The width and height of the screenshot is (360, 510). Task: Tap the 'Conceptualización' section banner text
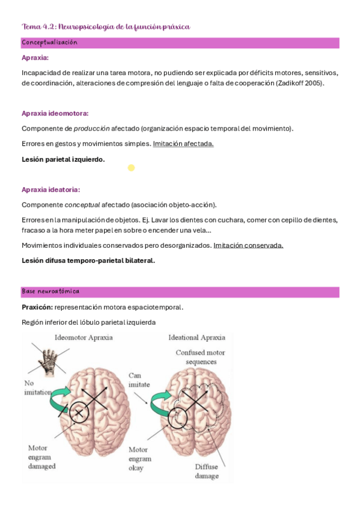49,43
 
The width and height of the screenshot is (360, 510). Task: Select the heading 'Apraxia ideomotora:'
55,113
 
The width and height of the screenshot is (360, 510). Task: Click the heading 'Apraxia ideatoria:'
50,189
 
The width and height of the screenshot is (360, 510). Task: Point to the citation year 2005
313,84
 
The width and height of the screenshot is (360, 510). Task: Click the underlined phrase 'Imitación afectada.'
183,144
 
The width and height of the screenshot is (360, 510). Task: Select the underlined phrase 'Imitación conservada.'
248,245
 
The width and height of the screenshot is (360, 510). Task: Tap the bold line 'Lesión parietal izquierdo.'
63,159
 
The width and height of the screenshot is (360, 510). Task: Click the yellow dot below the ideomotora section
131,168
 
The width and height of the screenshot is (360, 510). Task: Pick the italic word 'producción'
91,129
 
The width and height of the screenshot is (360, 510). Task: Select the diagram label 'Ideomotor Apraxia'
84,337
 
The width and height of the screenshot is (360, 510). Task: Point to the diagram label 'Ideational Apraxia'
197,337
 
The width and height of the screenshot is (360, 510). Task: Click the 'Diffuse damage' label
206,471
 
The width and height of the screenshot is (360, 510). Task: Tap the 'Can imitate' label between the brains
139,379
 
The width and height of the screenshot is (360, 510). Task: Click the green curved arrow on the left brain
64,394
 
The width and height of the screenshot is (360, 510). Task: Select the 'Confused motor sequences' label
200,358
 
